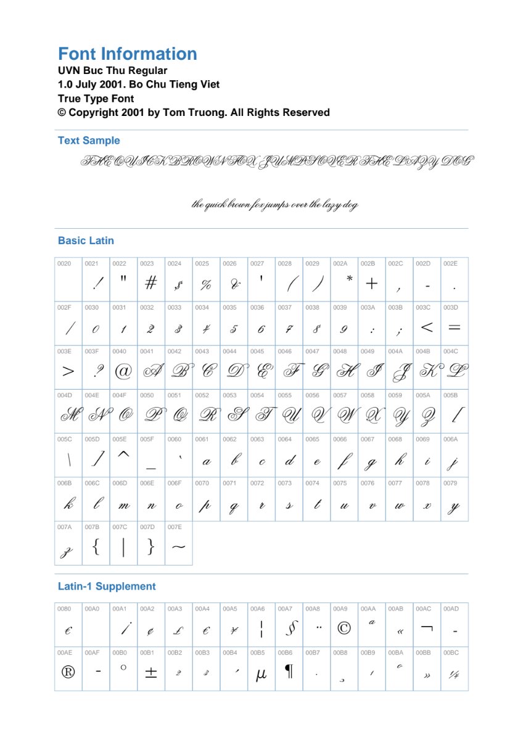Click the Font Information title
pos(128,54)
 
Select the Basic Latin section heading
pos(86,240)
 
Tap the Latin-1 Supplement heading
pos(107,586)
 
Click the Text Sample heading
pos(89,141)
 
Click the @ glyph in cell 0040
pos(123,371)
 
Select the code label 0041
pos(147,351)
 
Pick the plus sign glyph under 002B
pos(371,284)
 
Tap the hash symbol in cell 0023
pos(150,283)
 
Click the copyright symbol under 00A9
pos(344,628)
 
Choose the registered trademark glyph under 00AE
pos(68,672)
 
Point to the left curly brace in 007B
pos(96,546)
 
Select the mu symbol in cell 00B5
pos(261,675)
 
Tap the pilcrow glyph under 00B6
pos(288,672)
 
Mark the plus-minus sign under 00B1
pos(150,673)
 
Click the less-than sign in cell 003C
pos(427,327)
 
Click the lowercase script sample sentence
pos(274,205)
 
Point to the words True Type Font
pos(96,99)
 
